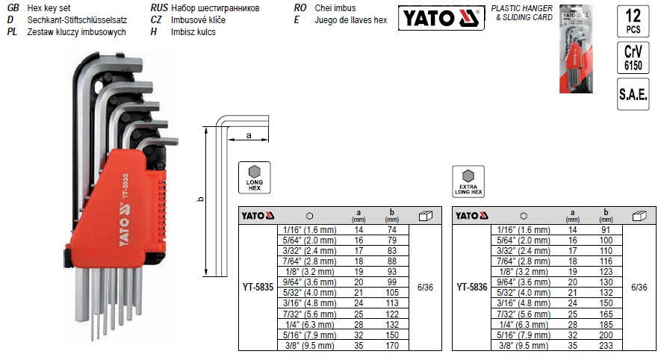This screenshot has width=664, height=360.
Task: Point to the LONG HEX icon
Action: pyautogui.click(x=254, y=176)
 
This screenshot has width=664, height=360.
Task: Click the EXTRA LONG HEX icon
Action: pyautogui.click(x=468, y=181)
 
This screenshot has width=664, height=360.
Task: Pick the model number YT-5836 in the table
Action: pyautogui.click(x=472, y=285)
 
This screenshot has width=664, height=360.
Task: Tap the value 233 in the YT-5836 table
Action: pyautogui.click(x=606, y=346)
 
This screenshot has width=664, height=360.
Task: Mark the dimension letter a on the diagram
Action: pyautogui.click(x=247, y=134)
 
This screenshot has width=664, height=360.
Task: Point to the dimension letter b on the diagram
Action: pyautogui.click(x=199, y=199)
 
